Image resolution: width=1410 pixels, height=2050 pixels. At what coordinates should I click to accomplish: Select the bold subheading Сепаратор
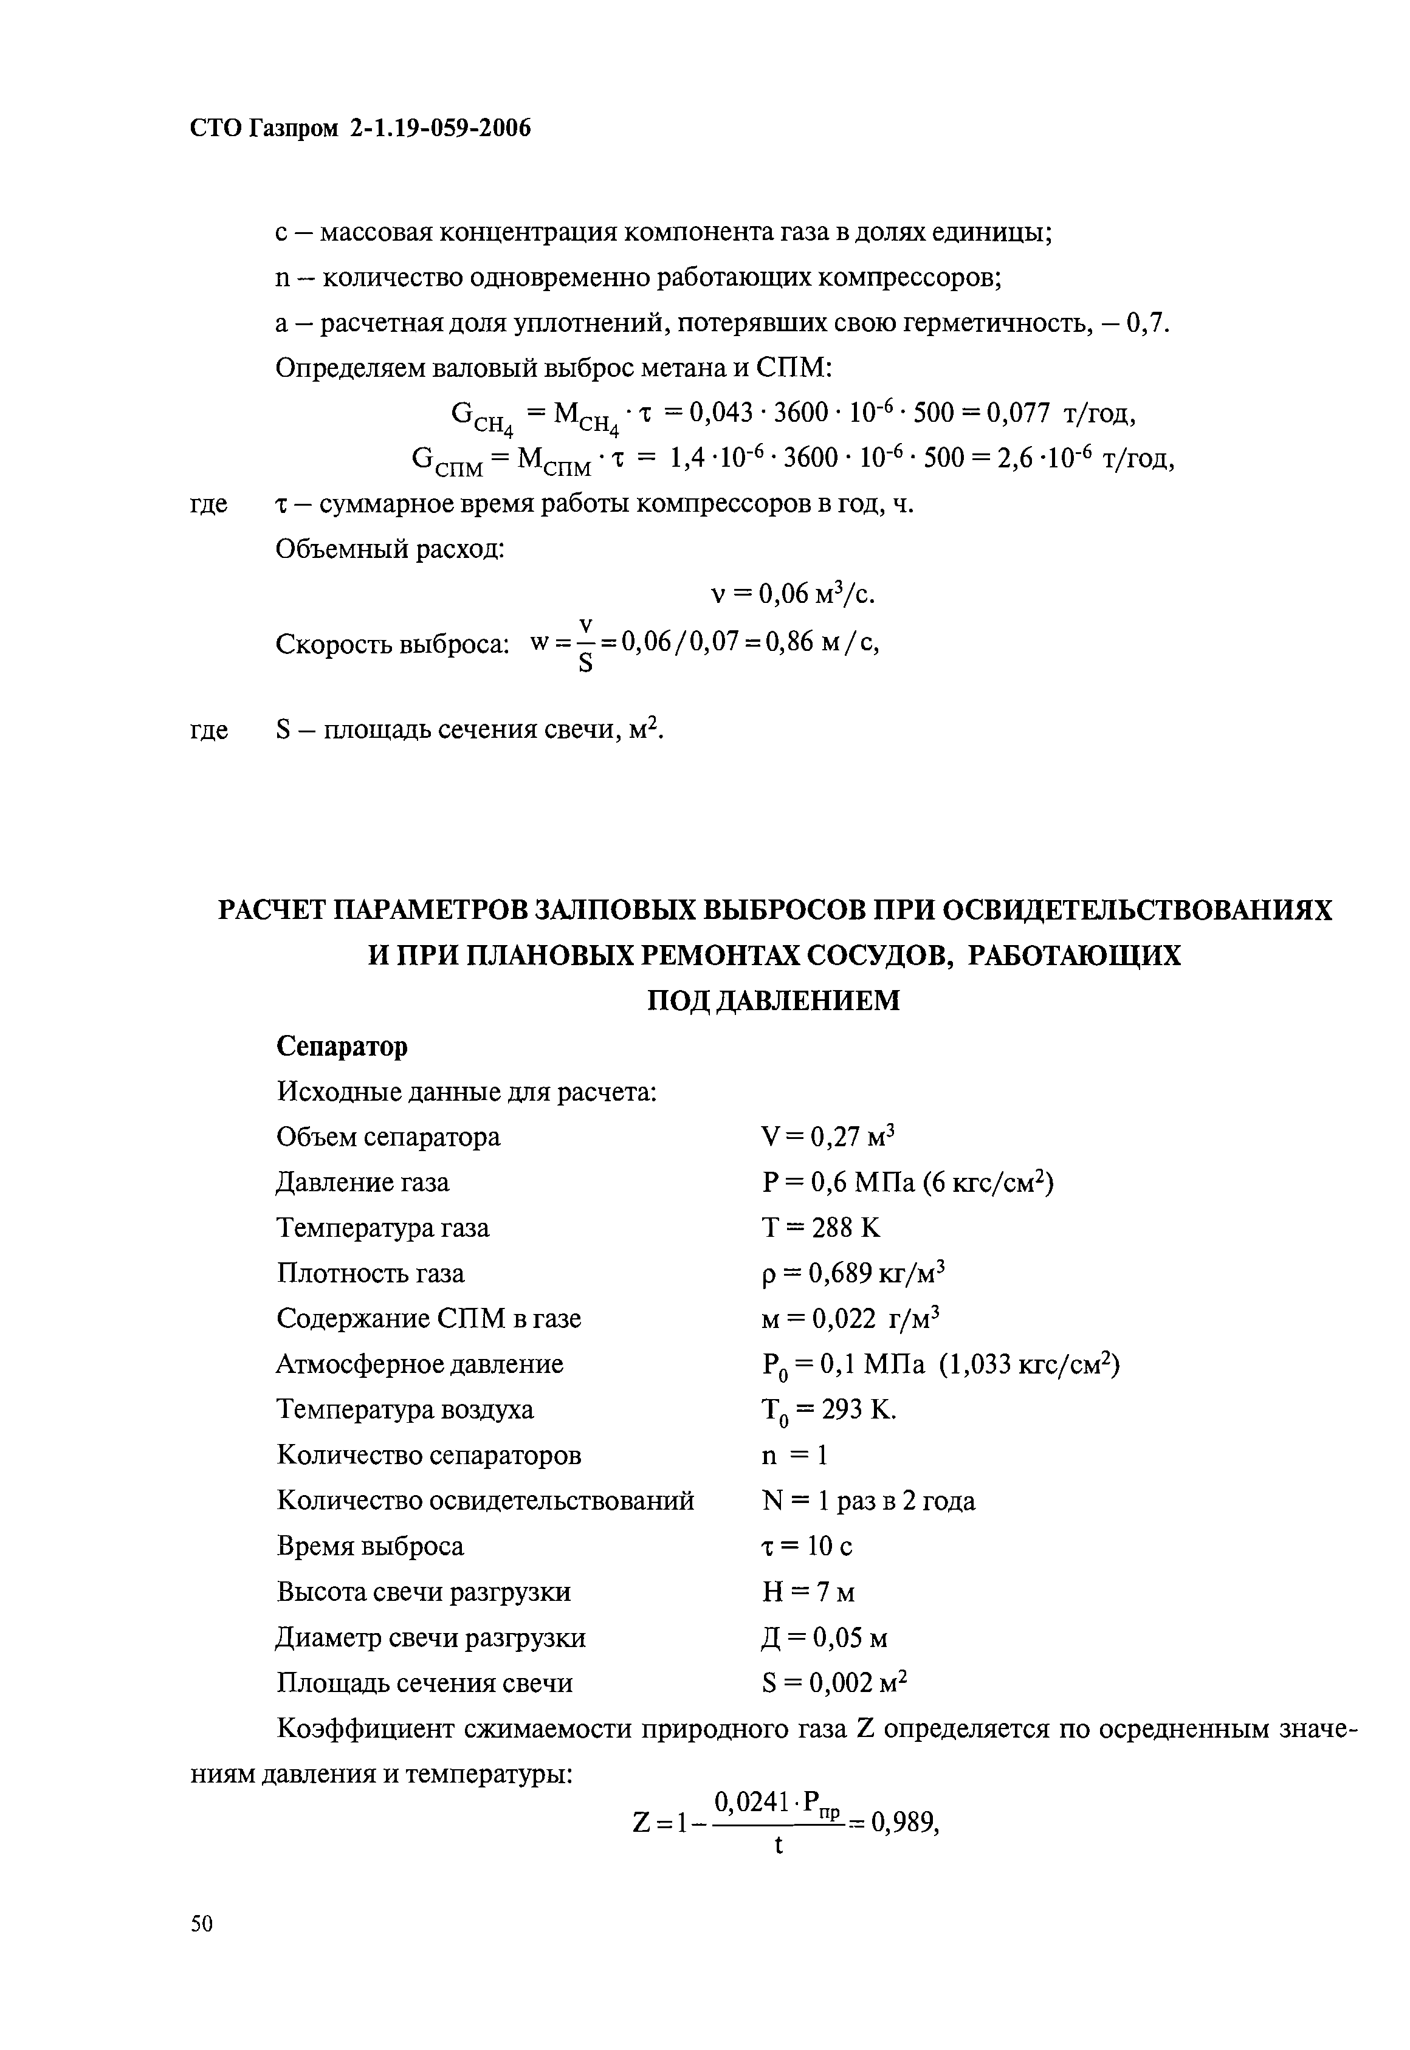[x=342, y=1046]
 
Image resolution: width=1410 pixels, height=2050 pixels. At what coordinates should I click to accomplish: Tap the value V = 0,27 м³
[x=828, y=1136]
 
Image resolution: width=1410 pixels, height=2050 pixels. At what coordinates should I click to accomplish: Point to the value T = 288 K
[x=820, y=1227]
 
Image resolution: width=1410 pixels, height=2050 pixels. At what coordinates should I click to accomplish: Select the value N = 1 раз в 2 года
[x=867, y=1501]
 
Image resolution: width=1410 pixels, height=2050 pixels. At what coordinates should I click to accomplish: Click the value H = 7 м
[x=808, y=1592]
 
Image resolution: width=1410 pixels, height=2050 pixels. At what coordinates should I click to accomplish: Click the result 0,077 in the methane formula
[x=1019, y=413]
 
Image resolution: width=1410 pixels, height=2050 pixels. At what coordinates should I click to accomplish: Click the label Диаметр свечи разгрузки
[x=430, y=1637]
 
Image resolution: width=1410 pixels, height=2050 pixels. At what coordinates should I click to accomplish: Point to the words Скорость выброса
[x=392, y=644]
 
